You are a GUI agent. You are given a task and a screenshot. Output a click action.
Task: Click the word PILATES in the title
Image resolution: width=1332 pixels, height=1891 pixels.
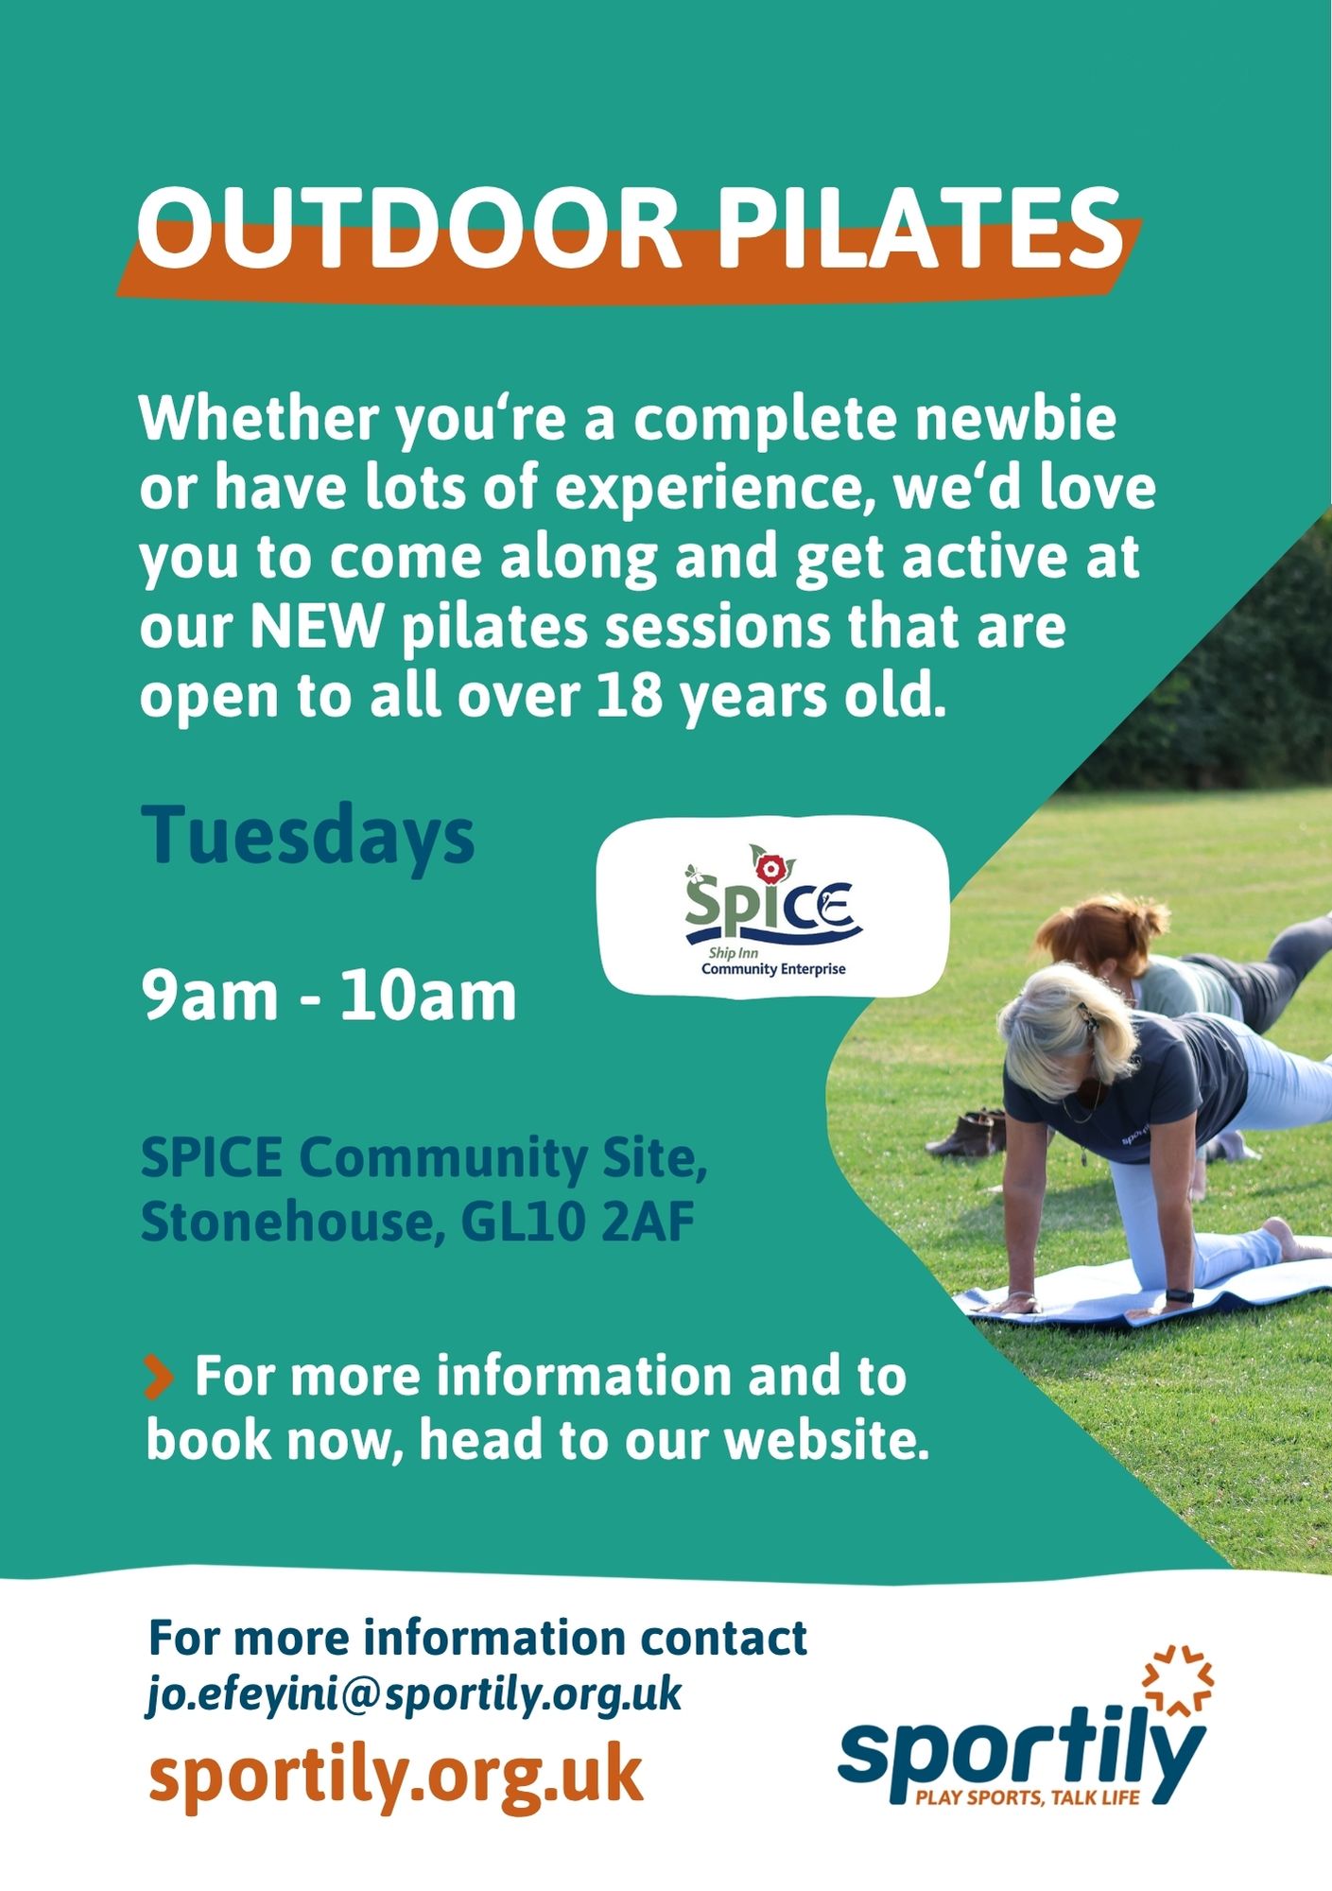(921, 227)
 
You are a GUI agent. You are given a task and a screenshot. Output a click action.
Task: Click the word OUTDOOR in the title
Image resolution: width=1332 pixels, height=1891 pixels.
(409, 227)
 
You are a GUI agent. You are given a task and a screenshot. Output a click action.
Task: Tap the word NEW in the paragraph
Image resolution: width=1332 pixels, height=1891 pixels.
(317, 626)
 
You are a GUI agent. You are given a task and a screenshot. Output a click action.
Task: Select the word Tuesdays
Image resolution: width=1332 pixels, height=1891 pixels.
(308, 836)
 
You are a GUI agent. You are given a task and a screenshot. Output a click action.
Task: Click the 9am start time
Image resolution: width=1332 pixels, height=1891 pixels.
(210, 996)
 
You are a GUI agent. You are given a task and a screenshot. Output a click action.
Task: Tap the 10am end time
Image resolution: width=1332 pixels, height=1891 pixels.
(428, 996)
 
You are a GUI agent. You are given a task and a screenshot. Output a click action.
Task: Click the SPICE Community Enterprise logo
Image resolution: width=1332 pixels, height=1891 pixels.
(773, 907)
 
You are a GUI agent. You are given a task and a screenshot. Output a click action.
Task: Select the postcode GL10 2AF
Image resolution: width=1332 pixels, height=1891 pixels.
(578, 1222)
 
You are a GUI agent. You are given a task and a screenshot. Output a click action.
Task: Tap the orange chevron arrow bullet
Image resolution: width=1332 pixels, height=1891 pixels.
(158, 1376)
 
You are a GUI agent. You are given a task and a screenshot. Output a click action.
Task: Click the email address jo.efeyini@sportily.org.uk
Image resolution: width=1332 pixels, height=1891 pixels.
(414, 1692)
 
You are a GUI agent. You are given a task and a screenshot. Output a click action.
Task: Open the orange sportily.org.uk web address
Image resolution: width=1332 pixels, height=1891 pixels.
(396, 1775)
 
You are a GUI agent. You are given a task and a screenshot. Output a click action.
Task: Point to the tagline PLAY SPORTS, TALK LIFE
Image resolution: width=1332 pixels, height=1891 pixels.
(1029, 1797)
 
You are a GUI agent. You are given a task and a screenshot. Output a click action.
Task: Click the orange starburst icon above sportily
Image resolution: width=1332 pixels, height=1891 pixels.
(1178, 1681)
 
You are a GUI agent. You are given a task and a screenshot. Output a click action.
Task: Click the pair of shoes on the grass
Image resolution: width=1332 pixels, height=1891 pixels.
(968, 1133)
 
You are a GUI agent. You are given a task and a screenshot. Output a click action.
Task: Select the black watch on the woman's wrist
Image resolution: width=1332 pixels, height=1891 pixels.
(1178, 1294)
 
